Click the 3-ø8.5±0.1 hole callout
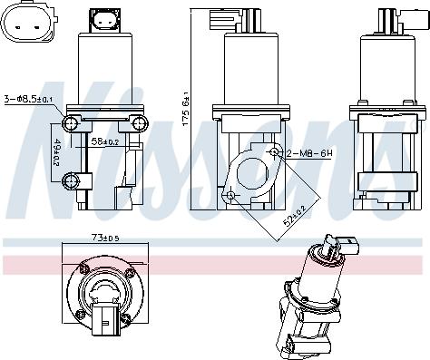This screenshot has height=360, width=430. tap(28, 99)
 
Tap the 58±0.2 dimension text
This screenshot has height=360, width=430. tap(105, 141)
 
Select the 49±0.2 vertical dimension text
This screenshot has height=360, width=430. tap(56, 152)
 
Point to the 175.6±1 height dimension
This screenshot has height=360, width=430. tap(185, 109)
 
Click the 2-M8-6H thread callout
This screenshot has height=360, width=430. tap(309, 153)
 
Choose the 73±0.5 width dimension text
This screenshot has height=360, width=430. tap(105, 238)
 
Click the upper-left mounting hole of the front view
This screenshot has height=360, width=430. tap(71, 123)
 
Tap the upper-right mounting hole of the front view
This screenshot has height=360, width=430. tap(140, 123)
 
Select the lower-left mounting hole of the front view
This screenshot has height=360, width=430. tap(71, 181)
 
